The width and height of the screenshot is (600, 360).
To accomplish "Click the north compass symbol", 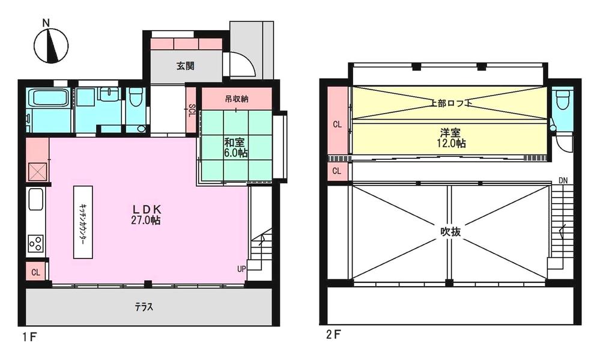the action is pos(51,46).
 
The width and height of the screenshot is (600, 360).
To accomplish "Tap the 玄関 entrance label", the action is pos(185,66).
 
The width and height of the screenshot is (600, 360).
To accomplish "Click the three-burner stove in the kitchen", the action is pos(35,242).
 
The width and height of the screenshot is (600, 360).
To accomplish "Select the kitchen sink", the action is pos(35,199).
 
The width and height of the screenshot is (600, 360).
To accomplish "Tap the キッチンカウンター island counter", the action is pos(83,222).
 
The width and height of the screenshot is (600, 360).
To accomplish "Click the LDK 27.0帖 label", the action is pos(146,215).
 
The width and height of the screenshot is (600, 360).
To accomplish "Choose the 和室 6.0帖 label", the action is pos(235,148).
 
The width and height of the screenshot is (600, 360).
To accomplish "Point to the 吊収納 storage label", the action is pos(237,99).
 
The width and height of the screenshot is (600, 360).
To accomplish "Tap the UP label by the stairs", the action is pos(241,269).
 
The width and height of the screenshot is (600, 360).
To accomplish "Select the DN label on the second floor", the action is pos(563,180).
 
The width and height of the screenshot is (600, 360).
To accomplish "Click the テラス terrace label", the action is pos(144,307).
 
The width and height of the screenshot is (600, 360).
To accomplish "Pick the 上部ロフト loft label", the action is pos(450,103).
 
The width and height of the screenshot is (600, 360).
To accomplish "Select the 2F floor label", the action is pos(333,335).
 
